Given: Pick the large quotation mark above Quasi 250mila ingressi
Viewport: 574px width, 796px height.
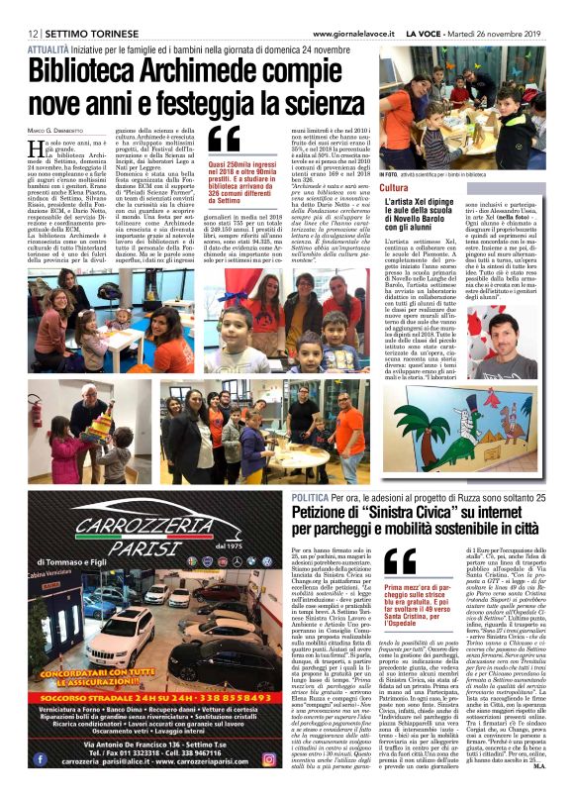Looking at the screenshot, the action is (x=226, y=140).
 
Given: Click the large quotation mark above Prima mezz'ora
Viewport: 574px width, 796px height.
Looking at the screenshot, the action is (x=401, y=560).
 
